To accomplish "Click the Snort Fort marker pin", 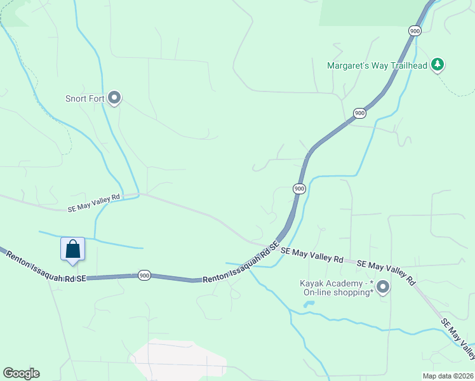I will point(115,97).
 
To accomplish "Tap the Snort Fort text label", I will point(84,98).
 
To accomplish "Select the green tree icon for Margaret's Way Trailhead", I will point(437,64).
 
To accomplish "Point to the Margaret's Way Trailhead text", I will point(377,65).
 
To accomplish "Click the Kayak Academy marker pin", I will point(382,288).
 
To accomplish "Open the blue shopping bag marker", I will point(72,249).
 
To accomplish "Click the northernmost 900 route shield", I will point(414,30).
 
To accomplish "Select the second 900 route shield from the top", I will point(359,113).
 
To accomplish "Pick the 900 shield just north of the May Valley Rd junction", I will point(299,189).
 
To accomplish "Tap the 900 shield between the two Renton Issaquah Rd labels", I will point(144,276).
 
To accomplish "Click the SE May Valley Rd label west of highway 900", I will point(94,203).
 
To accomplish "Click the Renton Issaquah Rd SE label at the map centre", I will point(241,264).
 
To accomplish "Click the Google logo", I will point(21,373).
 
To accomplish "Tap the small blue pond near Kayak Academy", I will point(309,304).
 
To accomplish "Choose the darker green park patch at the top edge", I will point(368,13).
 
